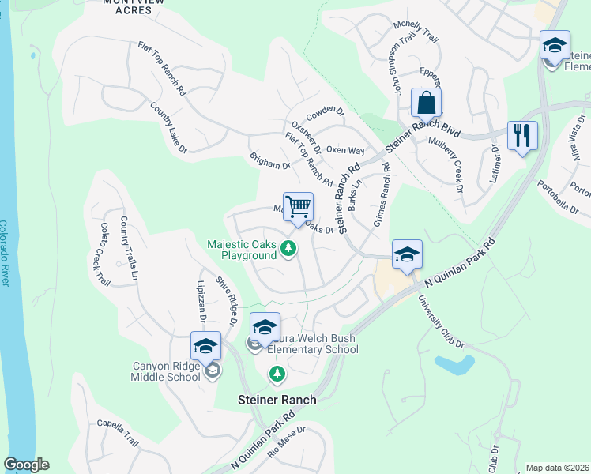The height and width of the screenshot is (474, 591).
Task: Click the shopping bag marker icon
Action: click(x=426, y=103)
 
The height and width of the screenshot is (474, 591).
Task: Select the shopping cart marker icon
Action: click(x=298, y=208)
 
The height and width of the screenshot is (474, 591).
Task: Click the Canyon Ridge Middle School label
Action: click(x=156, y=371)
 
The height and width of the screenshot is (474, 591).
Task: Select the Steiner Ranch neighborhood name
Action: click(x=277, y=400)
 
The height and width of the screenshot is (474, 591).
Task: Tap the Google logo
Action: click(x=25, y=465)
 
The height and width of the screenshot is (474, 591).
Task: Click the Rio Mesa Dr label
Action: click(x=285, y=442)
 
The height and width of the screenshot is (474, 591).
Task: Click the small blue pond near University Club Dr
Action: click(x=454, y=364)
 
